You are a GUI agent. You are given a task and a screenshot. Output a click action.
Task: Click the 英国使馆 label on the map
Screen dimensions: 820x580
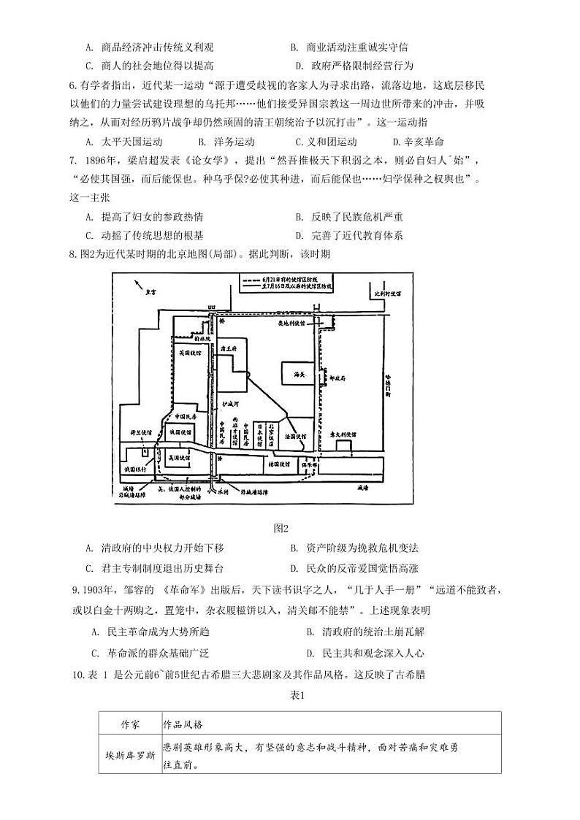[x=190, y=352]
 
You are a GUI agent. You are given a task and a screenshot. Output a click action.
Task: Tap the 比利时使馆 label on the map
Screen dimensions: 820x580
[x=388, y=293]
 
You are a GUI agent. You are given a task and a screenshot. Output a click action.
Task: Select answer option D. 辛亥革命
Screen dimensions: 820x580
[x=418, y=142]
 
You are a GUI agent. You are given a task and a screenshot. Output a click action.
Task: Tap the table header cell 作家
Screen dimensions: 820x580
[x=129, y=724]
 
